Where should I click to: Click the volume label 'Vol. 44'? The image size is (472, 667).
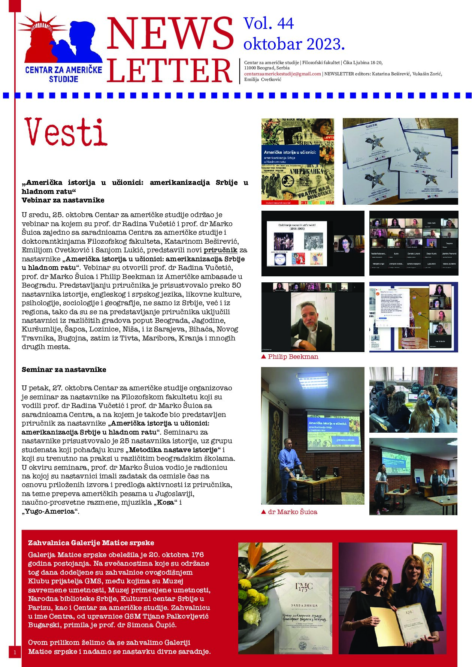click(269, 24)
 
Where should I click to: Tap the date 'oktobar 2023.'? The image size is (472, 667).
click(294, 44)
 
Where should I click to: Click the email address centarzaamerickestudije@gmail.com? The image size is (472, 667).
click(282, 74)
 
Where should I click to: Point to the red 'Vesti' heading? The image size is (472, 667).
click(66, 132)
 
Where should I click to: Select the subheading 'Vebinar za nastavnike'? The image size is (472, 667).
click(63, 200)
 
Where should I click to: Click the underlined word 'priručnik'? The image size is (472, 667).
click(220, 250)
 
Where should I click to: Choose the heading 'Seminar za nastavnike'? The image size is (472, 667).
click(64, 370)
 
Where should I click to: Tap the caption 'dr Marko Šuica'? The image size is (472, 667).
click(292, 512)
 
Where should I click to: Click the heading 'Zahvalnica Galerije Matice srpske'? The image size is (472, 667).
click(91, 543)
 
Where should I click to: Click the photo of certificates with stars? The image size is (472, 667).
click(400, 161)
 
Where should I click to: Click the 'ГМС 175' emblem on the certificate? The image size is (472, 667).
click(303, 588)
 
